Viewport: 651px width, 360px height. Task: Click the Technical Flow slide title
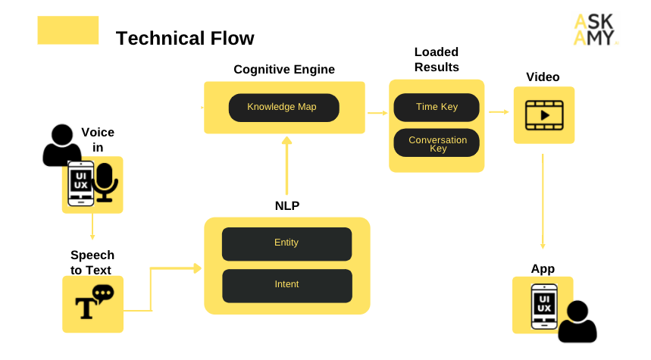point(184,38)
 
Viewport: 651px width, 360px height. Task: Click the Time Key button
point(437,107)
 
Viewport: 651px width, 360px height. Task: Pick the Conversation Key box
point(437,143)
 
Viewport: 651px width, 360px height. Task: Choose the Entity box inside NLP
point(286,243)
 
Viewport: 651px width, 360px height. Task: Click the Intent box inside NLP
point(286,285)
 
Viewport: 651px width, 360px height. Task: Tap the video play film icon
point(543,115)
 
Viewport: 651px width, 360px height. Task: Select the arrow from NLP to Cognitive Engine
point(286,167)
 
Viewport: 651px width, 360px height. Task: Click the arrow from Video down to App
point(543,201)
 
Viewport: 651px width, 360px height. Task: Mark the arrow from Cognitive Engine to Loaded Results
point(377,113)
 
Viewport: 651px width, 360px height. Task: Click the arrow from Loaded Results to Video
point(498,112)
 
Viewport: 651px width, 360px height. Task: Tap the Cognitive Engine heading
point(283,70)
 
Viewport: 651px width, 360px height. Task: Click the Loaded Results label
point(437,60)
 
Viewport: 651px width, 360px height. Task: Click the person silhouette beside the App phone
point(577,323)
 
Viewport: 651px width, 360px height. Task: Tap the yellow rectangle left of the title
point(68,30)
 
